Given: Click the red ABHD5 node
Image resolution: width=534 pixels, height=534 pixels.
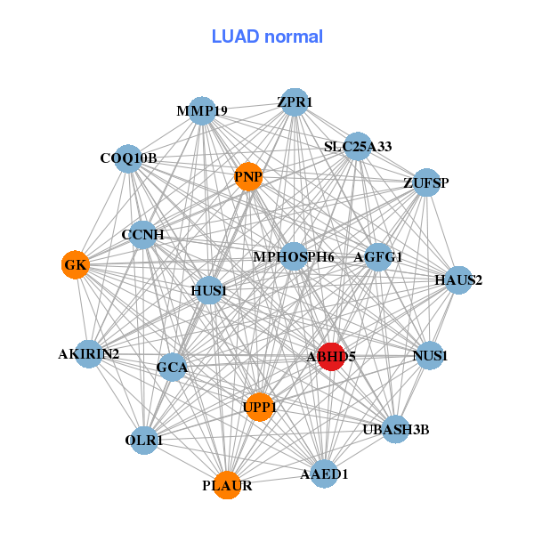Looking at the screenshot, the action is pos(331,357).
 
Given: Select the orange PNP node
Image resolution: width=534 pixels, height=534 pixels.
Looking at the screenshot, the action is pos(248,177).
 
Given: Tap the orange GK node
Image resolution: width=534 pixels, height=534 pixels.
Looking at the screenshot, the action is pos(76,264).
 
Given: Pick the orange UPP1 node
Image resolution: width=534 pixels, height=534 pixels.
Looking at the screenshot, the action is pos(260,407).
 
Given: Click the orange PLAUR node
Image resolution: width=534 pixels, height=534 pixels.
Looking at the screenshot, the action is pos(227,485).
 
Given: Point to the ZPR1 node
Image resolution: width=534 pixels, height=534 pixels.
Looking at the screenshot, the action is pos(295,102).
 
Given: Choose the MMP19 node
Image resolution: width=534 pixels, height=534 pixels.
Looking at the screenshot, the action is pos(202,110).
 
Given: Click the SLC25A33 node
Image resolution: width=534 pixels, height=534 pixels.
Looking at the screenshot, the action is pos(358,147).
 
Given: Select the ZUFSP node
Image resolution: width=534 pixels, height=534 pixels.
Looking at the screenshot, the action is pos(426,182).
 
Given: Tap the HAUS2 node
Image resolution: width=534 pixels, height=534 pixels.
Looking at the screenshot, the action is pos(458,280).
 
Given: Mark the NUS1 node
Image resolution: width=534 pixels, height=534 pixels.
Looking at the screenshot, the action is pos(430,355).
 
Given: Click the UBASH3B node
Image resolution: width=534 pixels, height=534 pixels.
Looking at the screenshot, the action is pos(396,430).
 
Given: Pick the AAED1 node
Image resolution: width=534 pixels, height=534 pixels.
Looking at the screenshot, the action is pos(324,473).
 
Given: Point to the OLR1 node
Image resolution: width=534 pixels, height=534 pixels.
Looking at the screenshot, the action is pos(144,441).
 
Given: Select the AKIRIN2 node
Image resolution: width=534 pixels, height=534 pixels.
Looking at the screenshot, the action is pos(89,354).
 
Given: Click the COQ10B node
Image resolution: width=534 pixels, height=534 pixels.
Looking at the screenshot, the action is pos(128,158).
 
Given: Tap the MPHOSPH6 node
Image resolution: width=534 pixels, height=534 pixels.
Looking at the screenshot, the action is pos(294,256).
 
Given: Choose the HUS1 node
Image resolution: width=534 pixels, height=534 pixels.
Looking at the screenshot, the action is pos(209,290).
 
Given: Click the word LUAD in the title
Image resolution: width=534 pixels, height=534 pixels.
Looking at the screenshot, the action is pos(235,36).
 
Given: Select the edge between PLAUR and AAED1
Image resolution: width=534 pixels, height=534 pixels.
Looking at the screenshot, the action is pos(276,480).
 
